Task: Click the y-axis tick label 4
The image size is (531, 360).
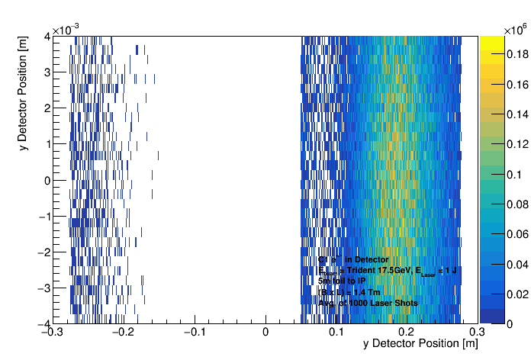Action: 46,36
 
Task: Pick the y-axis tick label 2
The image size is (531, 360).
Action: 46,108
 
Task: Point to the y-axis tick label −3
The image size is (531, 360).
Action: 43,288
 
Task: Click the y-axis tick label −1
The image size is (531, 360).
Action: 43,216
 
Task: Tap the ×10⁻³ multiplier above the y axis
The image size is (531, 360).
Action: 68,29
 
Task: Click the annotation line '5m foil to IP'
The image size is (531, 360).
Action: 342,281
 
